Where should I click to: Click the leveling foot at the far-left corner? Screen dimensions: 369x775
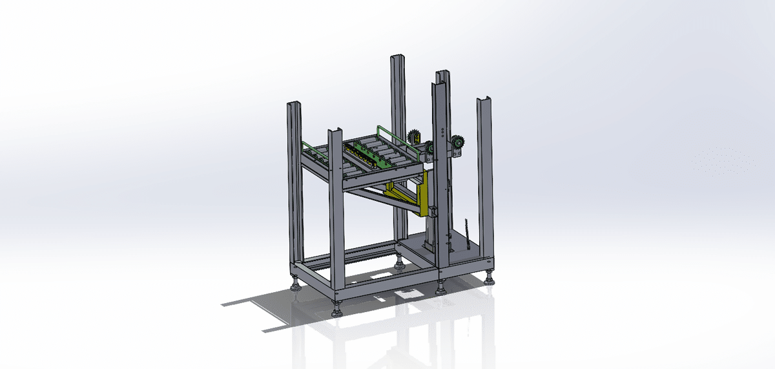(x=296, y=285)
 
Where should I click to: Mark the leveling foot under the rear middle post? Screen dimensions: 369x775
(x=400, y=264)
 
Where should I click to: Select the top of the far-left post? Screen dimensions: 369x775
(x=294, y=104)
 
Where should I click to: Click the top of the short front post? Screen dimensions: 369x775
(x=335, y=132)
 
